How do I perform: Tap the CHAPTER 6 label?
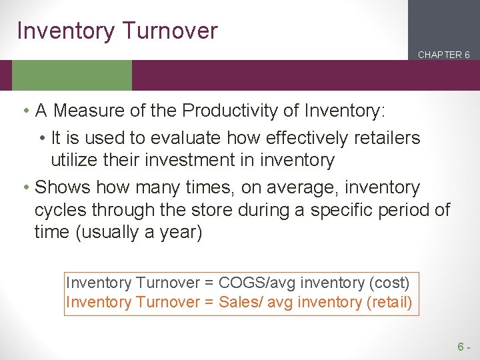point(443,55)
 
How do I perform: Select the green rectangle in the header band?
point(72,75)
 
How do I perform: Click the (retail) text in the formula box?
point(389,302)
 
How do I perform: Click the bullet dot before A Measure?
point(24,111)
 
